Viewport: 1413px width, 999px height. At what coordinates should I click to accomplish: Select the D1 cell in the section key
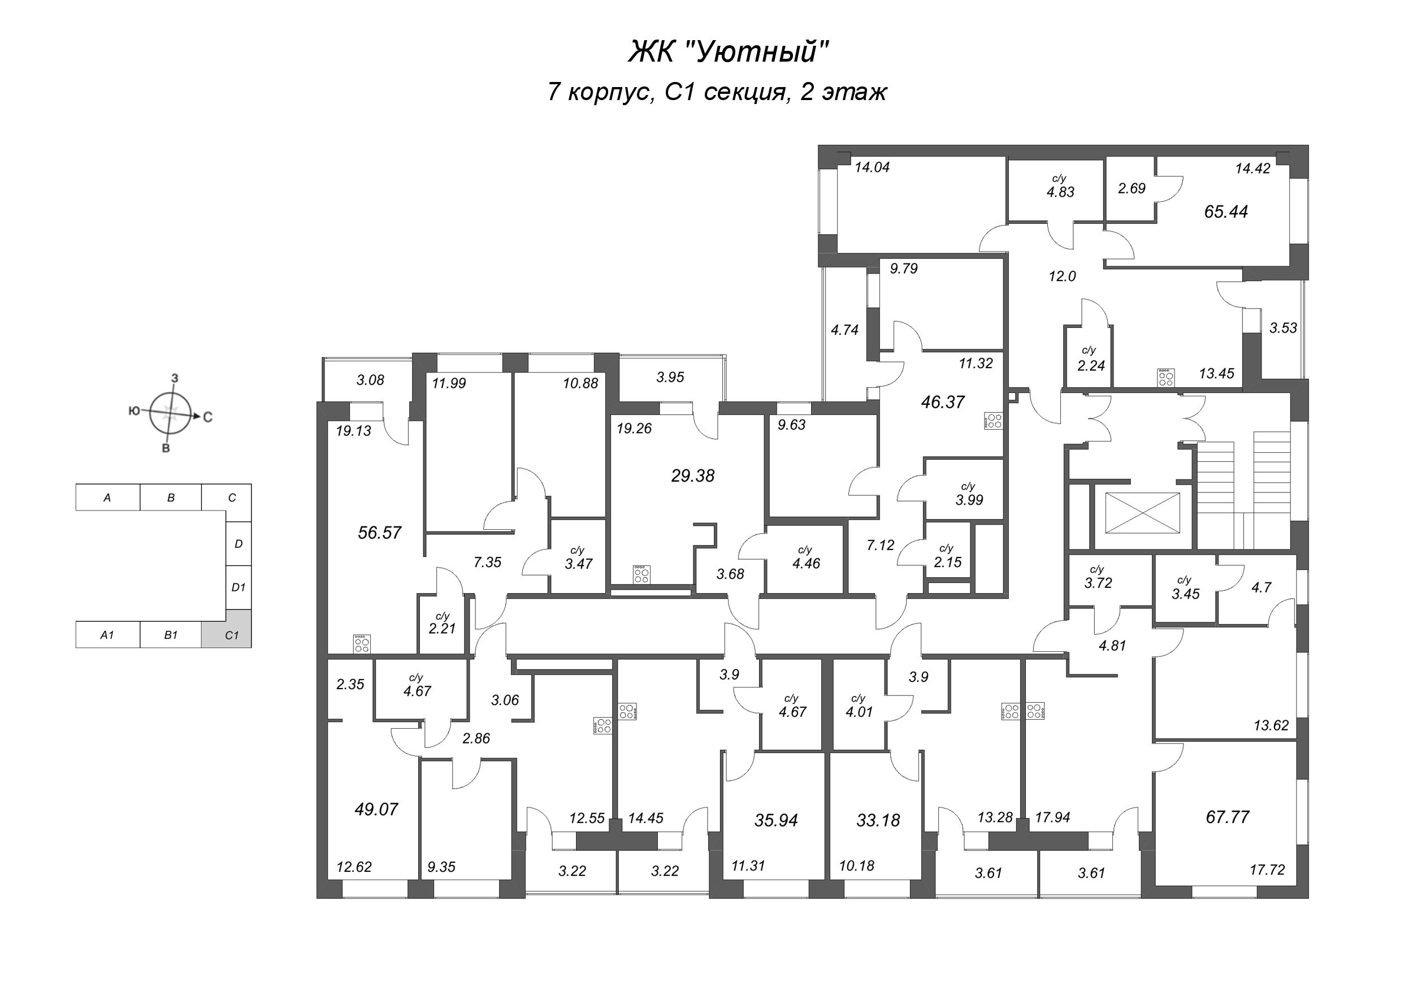[x=238, y=587]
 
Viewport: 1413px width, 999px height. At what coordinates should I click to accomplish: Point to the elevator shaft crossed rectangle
[x=1142, y=513]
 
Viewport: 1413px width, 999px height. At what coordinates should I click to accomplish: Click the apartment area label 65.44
[x=1225, y=212]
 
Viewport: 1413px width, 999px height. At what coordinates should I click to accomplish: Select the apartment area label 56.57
[x=379, y=533]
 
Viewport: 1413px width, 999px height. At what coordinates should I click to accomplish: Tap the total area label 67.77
[x=1227, y=817]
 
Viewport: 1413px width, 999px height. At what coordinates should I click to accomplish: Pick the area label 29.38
[x=692, y=476]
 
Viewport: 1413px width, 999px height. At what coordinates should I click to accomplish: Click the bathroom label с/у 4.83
[x=1060, y=187]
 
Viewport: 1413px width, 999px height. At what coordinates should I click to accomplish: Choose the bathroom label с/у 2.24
[x=1090, y=360]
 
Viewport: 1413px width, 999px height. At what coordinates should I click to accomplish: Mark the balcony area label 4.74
[x=844, y=330]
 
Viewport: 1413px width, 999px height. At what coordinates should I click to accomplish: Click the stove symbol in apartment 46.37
[x=993, y=421]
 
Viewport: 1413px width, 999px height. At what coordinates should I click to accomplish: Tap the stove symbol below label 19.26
[x=642, y=574]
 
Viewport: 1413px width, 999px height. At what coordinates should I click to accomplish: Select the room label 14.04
[x=872, y=167]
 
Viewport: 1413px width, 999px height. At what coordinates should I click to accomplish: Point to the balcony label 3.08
[x=370, y=380]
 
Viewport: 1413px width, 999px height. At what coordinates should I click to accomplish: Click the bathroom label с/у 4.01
[x=859, y=707]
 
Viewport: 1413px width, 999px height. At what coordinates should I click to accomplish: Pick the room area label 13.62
[x=1271, y=725]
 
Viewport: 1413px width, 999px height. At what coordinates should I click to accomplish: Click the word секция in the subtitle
[x=746, y=92]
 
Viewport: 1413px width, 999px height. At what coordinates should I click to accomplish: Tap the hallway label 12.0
[x=1061, y=276]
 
